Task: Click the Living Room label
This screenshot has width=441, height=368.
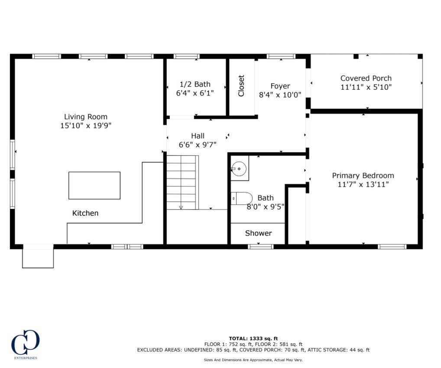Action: (86, 117)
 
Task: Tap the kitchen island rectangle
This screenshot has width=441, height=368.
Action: (94, 186)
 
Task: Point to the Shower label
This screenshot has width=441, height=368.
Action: (259, 233)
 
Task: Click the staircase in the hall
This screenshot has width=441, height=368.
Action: (182, 182)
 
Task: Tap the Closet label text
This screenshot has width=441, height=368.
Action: (241, 86)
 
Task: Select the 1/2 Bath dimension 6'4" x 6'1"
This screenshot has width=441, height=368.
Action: (195, 93)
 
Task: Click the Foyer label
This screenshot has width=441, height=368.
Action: (280, 86)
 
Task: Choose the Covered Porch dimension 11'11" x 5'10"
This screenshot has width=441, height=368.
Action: (366, 87)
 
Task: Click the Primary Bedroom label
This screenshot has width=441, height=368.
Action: (363, 176)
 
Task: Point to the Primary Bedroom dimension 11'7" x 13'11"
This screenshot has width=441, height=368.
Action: (363, 185)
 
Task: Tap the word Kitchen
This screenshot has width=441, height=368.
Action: (85, 213)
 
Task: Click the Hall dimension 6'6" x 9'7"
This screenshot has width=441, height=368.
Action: (198, 145)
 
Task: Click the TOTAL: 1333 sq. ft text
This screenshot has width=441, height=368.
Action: (253, 338)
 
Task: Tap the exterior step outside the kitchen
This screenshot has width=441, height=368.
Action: (38, 257)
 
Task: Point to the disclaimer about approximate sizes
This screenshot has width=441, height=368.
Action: (253, 360)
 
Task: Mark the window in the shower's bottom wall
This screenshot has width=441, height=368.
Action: (261, 247)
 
